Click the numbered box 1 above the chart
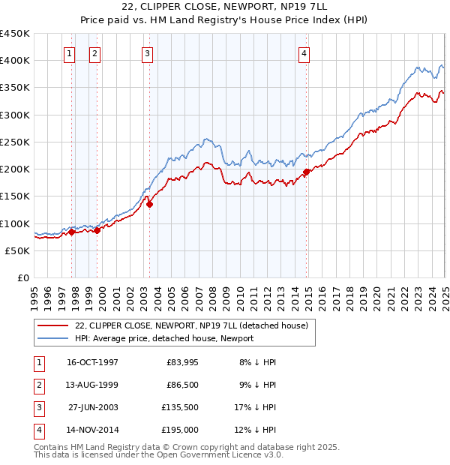tap(69, 53)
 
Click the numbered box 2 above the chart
tap(94, 53)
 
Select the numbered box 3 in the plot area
tap(147, 53)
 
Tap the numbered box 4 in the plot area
tap(304, 53)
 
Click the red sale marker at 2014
tap(306, 172)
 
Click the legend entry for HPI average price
tap(163, 338)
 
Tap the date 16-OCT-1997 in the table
tap(92, 362)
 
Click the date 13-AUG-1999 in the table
tap(92, 385)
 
